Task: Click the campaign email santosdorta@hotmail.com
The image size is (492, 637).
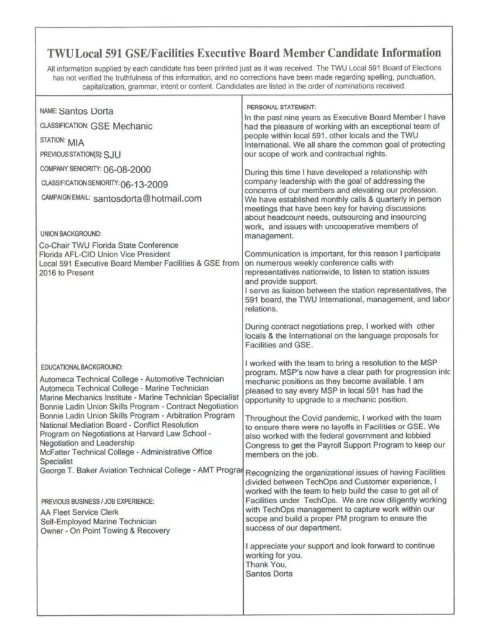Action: [147, 199]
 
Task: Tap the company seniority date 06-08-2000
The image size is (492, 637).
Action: [127, 169]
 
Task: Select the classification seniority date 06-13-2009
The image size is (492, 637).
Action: [144, 184]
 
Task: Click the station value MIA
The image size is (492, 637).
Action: [75, 141]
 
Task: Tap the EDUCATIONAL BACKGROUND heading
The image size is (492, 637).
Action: [81, 367]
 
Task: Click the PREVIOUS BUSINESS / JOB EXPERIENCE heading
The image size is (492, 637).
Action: [98, 501]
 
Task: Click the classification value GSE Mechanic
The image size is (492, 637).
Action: [121, 126]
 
